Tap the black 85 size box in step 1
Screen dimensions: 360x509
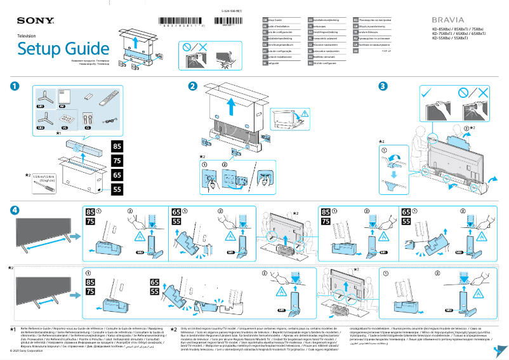click(x=117, y=147)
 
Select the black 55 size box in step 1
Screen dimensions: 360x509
click(x=117, y=189)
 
